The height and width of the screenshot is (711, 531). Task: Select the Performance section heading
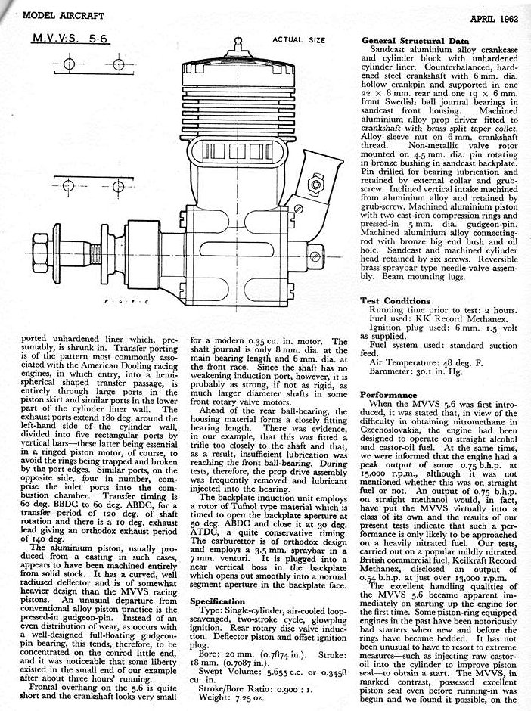click(x=389, y=394)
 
